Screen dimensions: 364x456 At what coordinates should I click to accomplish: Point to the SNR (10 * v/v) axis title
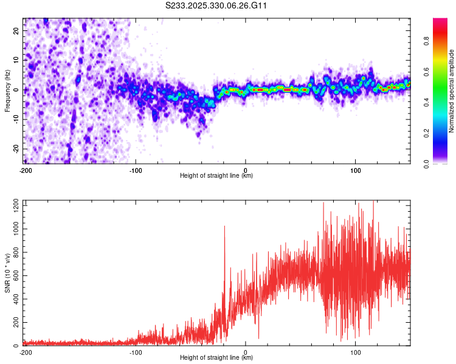click(7, 273)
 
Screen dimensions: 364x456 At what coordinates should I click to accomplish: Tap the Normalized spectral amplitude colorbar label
click(452, 91)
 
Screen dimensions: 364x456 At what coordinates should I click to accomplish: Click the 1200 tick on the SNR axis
click(12, 206)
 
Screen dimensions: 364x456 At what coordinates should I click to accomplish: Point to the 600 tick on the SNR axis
click(13, 276)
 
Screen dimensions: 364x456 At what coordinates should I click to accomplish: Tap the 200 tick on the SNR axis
click(13, 323)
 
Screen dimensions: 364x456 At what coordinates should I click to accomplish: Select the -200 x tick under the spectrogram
click(25, 169)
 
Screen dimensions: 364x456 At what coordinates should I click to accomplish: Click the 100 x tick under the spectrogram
click(356, 169)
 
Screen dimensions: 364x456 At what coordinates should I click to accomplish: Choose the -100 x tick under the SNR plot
click(135, 352)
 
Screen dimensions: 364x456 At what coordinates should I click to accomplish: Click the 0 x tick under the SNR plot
click(246, 352)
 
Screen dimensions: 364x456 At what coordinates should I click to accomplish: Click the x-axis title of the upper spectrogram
click(217, 176)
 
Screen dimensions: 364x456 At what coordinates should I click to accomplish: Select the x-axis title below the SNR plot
click(217, 359)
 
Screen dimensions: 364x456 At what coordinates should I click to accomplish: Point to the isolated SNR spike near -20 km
click(224, 228)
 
